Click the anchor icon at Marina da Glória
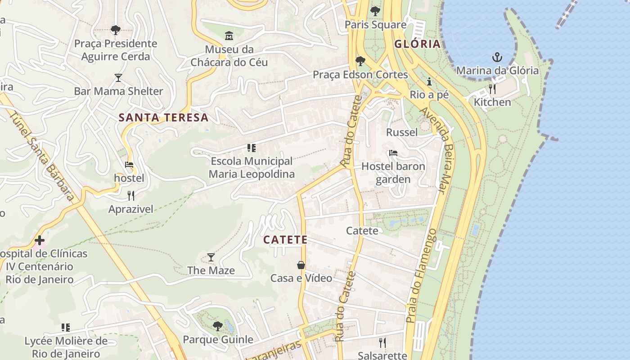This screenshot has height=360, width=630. [x=497, y=57]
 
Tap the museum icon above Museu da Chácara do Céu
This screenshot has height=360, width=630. [x=229, y=36]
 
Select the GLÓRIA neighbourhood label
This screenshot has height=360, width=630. [x=417, y=44]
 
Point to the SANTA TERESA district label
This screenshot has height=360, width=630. [x=163, y=118]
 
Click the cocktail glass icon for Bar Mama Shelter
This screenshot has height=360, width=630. [x=118, y=78]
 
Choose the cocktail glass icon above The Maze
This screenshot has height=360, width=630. [x=211, y=257]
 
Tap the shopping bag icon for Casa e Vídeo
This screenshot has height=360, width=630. [x=301, y=265]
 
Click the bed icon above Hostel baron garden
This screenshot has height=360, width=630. [x=393, y=153]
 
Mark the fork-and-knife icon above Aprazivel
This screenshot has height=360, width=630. [x=131, y=195]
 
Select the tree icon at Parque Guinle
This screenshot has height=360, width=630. [x=217, y=326]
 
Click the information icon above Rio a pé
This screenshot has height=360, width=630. [x=429, y=81]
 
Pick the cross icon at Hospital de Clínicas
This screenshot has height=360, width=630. [x=40, y=240]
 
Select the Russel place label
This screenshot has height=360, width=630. [x=402, y=132]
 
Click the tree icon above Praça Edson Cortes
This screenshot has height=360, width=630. [x=360, y=61]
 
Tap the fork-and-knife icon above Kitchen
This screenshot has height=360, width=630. [x=492, y=89]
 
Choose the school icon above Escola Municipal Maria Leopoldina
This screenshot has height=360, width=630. [x=252, y=148]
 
